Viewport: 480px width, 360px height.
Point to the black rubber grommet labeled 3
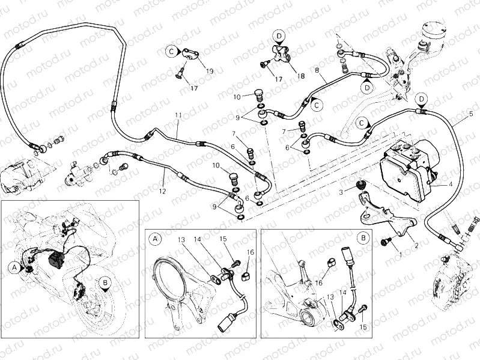(x=362, y=183)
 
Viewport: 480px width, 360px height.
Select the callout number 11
(x=178, y=115)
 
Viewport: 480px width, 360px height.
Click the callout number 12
(x=162, y=191)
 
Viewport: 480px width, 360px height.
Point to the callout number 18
(x=301, y=76)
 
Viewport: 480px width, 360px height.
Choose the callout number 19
(x=209, y=71)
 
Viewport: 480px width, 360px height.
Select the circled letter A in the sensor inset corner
(x=155, y=239)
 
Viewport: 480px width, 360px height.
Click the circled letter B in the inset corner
(x=362, y=238)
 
